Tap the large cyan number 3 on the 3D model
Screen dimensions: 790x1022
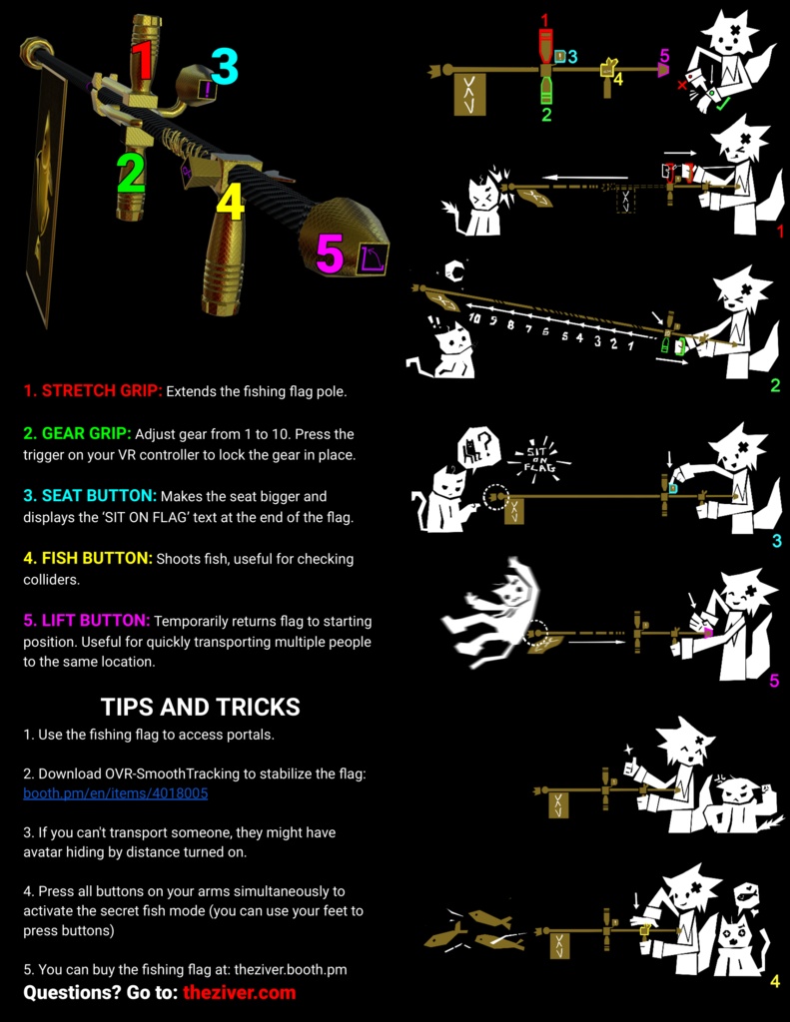[x=225, y=67]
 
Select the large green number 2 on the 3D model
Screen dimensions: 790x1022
[x=131, y=173]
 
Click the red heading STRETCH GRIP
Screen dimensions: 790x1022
[x=93, y=391]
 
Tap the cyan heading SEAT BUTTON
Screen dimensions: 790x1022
[x=90, y=496]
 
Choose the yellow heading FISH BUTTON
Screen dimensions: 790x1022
[x=88, y=559]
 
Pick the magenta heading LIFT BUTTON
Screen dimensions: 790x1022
[x=87, y=621]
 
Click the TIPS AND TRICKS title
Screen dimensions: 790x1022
[x=201, y=708]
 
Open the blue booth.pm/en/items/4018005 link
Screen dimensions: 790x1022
[x=116, y=793]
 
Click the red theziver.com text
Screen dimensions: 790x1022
[x=240, y=993]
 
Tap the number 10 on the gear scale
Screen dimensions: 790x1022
[x=475, y=318]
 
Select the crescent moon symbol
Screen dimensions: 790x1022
[x=454, y=269]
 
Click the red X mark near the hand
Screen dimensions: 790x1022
[x=682, y=85]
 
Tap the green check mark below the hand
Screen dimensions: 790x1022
[x=722, y=104]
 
